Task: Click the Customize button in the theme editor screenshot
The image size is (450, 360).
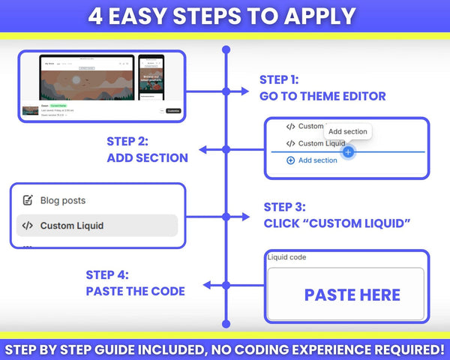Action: coord(173,110)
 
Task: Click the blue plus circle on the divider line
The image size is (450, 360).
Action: coord(347,151)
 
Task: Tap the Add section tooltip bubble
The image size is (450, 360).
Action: coord(348,132)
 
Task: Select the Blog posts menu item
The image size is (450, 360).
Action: coord(63,200)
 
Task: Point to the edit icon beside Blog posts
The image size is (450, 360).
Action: coord(28,200)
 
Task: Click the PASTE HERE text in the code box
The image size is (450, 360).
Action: coord(352,295)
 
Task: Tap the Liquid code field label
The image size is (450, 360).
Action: coord(286,258)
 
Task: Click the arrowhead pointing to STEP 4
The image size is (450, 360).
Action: coord(206,285)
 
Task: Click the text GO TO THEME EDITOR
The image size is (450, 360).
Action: coord(322,95)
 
